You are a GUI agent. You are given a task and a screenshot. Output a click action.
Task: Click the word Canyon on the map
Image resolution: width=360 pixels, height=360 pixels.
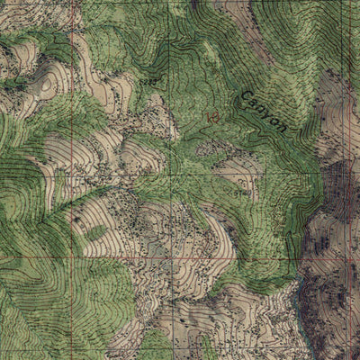pos(264,110)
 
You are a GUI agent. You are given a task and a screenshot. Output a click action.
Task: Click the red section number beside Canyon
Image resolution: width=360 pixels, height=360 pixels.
pos(212,117)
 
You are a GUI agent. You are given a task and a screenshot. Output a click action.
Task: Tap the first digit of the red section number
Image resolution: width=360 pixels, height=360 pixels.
pos(208,117)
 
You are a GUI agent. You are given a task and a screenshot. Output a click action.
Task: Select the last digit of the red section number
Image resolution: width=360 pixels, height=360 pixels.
pos(216,117)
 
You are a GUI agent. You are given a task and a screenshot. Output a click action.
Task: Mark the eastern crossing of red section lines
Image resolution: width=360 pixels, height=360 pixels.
pos(346,259)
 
